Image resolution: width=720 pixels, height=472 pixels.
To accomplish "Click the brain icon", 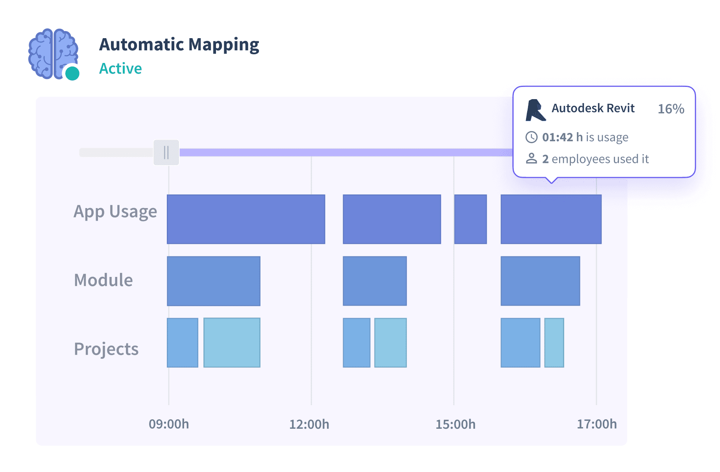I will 52,53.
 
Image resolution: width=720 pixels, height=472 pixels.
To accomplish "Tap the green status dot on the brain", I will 72,73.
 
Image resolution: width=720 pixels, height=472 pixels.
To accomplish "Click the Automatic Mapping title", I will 179,45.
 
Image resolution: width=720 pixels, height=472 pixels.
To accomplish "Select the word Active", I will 120,68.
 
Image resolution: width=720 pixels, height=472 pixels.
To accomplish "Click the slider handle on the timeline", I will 166,153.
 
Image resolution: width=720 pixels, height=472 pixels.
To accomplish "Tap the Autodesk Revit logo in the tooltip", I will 535,110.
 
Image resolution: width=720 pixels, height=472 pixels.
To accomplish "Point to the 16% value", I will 671,109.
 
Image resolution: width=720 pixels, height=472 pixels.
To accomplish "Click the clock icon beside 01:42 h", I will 532,137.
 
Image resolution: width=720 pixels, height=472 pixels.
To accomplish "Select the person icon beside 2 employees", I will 532,159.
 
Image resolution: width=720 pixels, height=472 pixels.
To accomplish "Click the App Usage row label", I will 115,212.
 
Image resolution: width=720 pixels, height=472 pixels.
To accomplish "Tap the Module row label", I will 103,280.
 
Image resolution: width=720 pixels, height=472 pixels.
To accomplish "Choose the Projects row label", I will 106,349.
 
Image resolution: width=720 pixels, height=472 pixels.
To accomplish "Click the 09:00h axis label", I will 169,424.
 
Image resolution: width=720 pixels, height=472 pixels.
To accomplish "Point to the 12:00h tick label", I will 309,424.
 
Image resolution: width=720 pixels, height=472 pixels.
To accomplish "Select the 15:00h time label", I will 455,424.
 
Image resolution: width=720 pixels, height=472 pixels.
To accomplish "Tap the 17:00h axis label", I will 596,424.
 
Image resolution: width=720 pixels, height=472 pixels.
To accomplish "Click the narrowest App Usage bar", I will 471,219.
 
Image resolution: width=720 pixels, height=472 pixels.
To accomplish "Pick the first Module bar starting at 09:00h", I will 214,281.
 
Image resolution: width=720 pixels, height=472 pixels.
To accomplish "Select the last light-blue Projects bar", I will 554,343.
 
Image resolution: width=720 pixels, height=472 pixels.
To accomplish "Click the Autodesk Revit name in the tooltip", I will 593,108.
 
